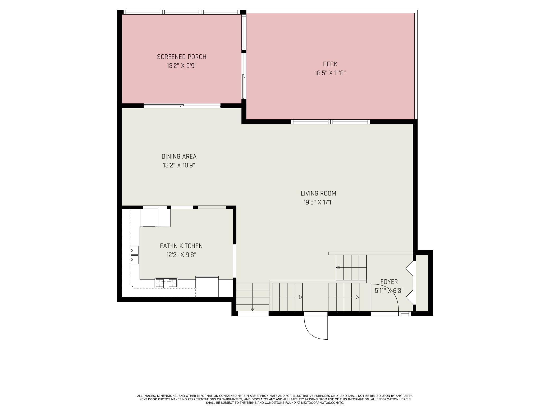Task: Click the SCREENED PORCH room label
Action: point(181,57)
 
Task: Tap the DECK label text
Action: point(330,64)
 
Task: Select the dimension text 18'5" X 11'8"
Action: point(330,73)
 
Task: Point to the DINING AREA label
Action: point(179,156)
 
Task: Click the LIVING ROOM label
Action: point(318,193)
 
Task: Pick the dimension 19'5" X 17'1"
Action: point(318,202)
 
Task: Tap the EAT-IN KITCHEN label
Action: point(181,246)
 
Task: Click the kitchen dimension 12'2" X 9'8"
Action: point(181,255)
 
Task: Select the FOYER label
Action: point(389,282)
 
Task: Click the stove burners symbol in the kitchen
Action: point(166,283)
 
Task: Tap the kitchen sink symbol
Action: point(134,255)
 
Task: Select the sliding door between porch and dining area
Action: point(182,106)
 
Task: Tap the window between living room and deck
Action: point(330,122)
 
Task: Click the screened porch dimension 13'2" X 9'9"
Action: point(181,66)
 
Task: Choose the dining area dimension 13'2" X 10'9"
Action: point(179,165)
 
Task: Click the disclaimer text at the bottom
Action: point(275,399)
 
